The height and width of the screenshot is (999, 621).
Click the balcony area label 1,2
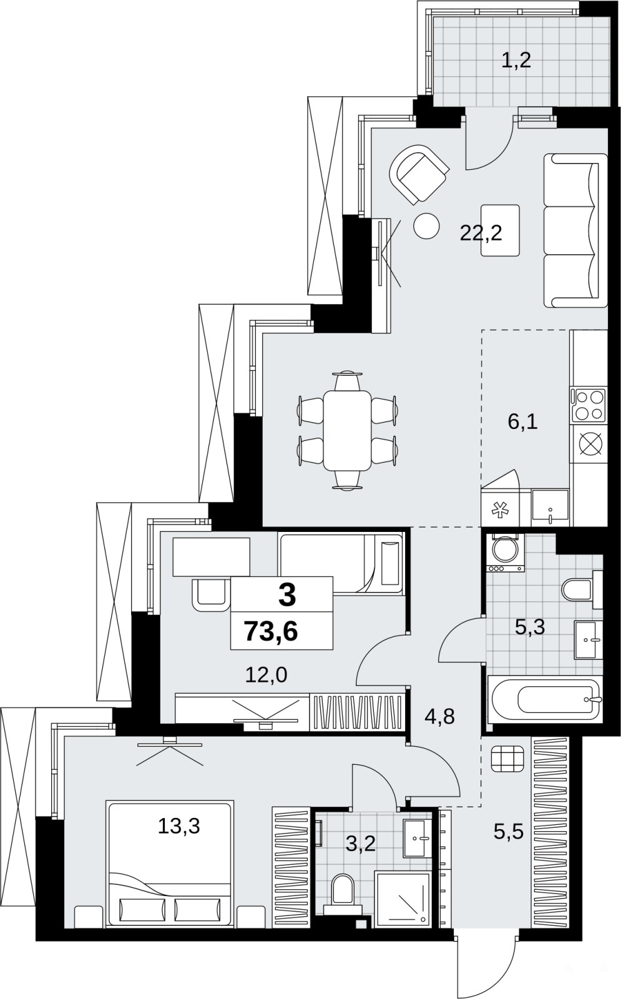pos(516,60)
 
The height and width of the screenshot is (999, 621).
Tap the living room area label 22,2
pos(481,233)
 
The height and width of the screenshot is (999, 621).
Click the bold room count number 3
pos(286,596)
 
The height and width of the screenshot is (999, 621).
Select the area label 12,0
pos(266,676)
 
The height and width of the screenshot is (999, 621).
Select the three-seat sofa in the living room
pos(575,230)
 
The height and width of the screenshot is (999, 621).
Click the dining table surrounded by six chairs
pos(347,430)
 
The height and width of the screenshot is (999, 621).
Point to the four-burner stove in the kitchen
pos(588,405)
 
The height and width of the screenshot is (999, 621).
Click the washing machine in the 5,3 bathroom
pos(506,553)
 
